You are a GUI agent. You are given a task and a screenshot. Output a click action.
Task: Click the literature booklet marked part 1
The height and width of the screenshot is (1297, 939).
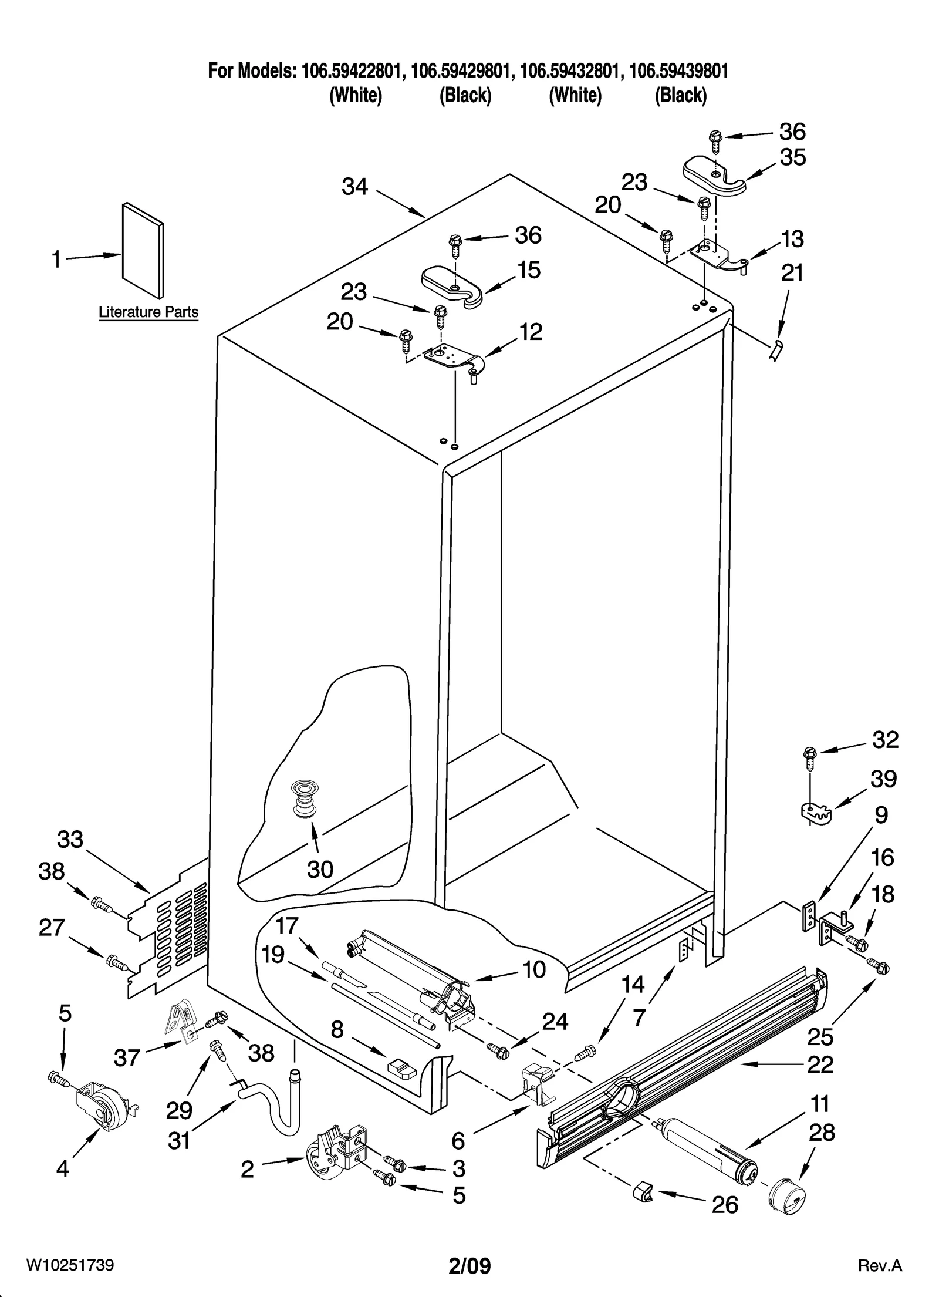click(143, 251)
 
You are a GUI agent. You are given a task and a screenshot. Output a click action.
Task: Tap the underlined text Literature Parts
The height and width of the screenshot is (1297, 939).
click(148, 312)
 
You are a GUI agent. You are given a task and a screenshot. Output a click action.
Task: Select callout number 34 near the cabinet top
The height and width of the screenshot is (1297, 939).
click(354, 187)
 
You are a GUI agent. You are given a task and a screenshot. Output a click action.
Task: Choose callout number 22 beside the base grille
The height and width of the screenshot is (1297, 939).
click(820, 1064)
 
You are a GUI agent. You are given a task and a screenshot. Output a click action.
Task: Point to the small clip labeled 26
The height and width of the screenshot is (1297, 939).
click(641, 1192)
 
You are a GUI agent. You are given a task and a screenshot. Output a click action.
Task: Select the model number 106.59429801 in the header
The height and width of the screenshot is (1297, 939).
click(460, 72)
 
